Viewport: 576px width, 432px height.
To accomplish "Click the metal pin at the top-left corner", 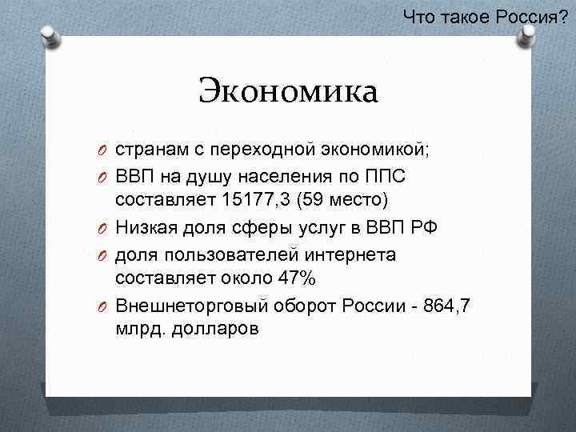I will coord(49,34).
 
